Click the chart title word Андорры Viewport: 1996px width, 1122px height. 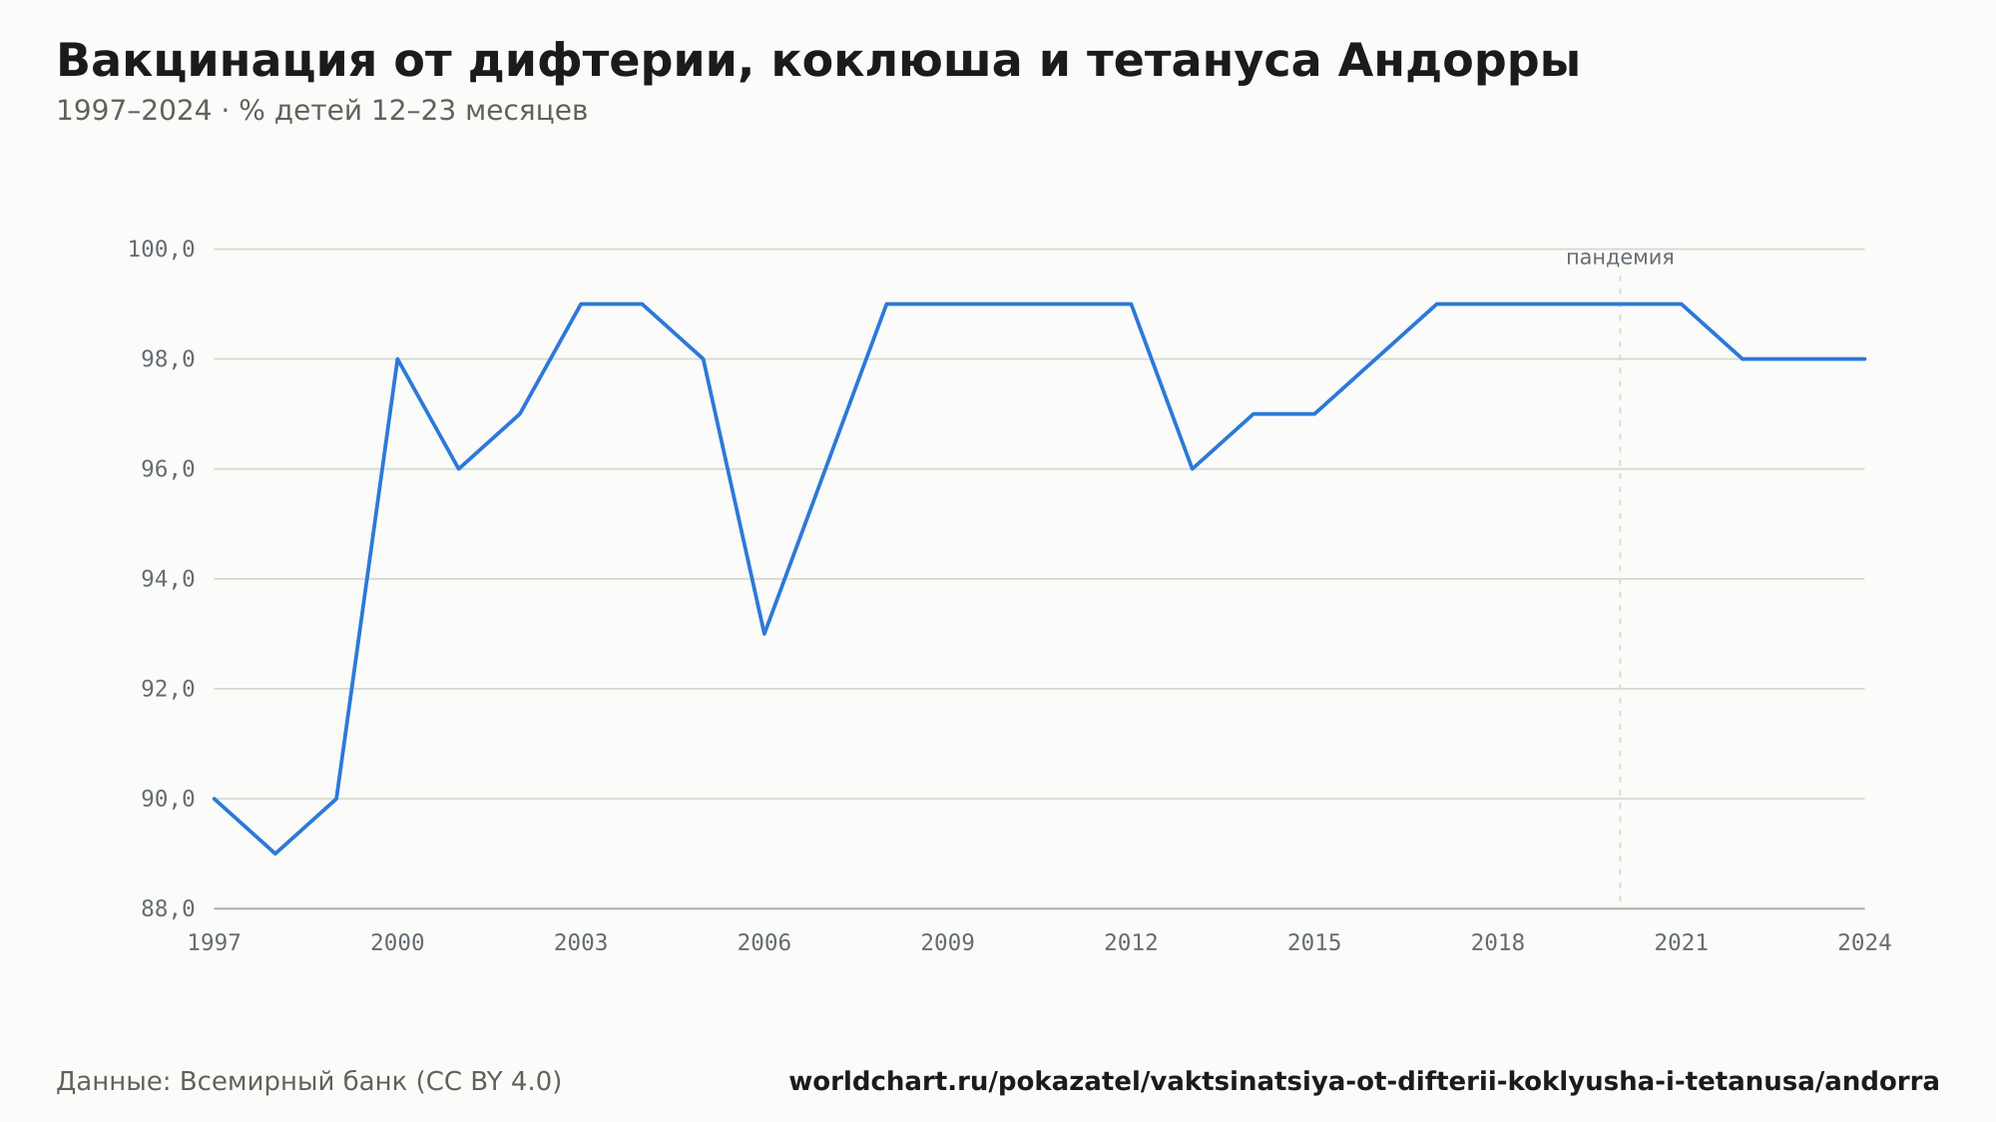coord(1458,61)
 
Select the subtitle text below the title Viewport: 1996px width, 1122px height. coord(321,111)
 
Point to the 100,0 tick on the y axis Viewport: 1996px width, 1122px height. coord(161,250)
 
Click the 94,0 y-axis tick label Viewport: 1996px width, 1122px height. coord(168,579)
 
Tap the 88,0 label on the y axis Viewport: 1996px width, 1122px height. coord(168,908)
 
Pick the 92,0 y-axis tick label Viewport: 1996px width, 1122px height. coord(168,689)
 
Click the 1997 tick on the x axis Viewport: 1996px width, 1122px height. coord(215,943)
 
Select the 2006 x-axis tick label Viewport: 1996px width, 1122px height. coord(764,943)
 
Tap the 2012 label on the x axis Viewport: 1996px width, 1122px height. coord(1131,943)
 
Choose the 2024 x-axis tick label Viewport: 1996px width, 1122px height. coord(1864,943)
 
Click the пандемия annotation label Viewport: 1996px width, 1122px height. coord(1620,258)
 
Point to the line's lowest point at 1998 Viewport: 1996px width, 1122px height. coord(275,853)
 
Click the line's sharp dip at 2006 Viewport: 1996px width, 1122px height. coord(764,634)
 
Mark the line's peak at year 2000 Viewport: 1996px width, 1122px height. coord(397,358)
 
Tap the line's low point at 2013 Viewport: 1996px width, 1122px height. coord(1192,469)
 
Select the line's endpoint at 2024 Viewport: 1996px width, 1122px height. coord(1864,358)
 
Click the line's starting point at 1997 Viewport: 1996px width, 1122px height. coord(215,799)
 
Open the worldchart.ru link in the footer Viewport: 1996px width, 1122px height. coord(1364,1082)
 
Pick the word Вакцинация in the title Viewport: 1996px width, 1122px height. coord(217,61)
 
